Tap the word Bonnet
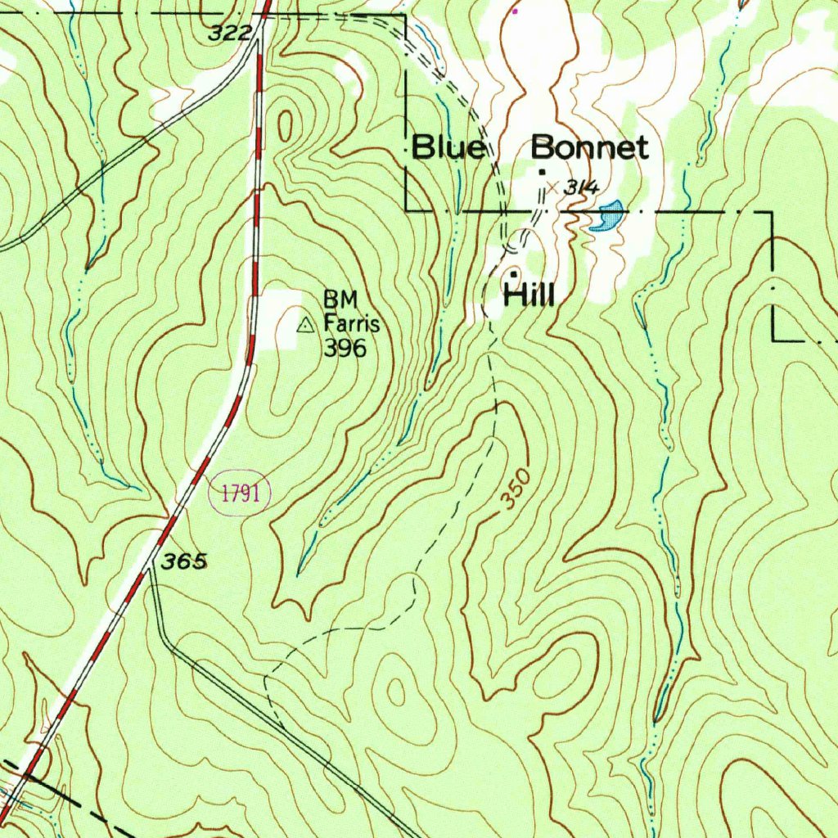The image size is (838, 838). (x=589, y=148)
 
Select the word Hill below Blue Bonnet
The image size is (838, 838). (x=529, y=295)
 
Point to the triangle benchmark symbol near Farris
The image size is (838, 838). (x=305, y=326)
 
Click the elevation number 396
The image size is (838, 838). (x=344, y=348)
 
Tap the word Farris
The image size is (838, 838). (x=351, y=323)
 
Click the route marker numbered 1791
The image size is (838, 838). (x=240, y=493)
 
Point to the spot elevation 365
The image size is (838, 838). (x=184, y=561)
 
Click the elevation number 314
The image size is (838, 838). (x=582, y=188)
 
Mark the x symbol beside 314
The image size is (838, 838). (x=552, y=187)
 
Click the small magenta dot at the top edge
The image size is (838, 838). (x=515, y=11)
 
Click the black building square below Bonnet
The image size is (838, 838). (x=542, y=171)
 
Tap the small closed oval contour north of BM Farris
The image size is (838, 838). (x=286, y=126)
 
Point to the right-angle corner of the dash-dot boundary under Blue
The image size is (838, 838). (x=408, y=210)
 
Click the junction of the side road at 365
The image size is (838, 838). (x=149, y=567)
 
